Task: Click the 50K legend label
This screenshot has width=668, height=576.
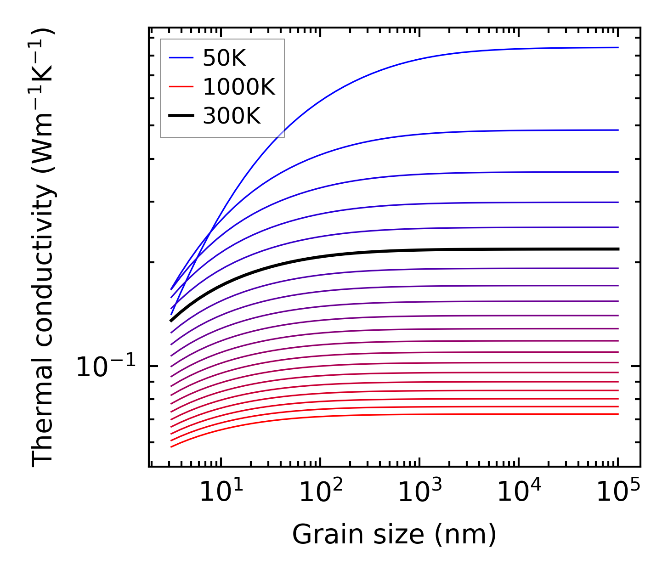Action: [x=224, y=58]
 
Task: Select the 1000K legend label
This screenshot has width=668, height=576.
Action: [x=238, y=87]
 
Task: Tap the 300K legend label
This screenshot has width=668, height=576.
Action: [x=232, y=116]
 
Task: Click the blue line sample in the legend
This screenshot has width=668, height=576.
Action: [x=181, y=58]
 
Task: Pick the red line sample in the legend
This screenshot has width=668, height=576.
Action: [x=181, y=87]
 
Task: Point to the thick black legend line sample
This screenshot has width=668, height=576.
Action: [x=181, y=116]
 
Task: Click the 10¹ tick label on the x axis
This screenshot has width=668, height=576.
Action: [x=221, y=492]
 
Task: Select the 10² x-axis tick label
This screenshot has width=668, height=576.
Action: [x=321, y=492]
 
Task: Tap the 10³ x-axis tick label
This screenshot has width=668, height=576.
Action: [x=420, y=492]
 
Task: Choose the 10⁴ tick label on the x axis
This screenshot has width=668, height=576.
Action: [x=519, y=492]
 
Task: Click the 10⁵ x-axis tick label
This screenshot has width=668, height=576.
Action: [x=618, y=492]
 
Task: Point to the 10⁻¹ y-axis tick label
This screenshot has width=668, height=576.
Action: [x=106, y=367]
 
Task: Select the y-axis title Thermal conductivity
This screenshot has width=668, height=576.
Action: [x=43, y=248]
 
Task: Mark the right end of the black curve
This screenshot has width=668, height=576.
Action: [x=618, y=249]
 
